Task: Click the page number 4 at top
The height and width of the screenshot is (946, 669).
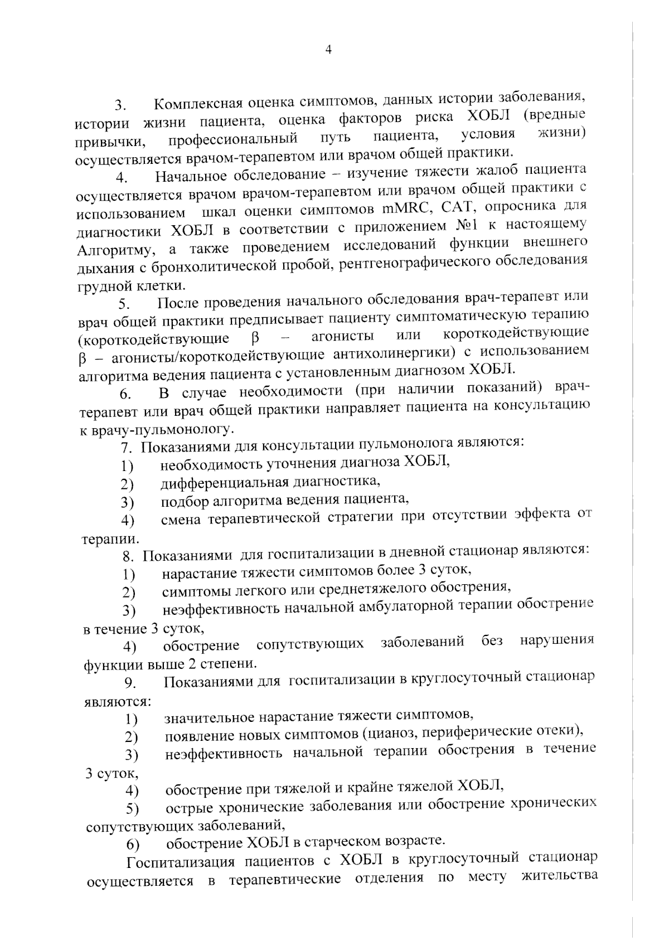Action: (x=328, y=50)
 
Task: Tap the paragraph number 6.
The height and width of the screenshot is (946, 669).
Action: (x=124, y=394)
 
